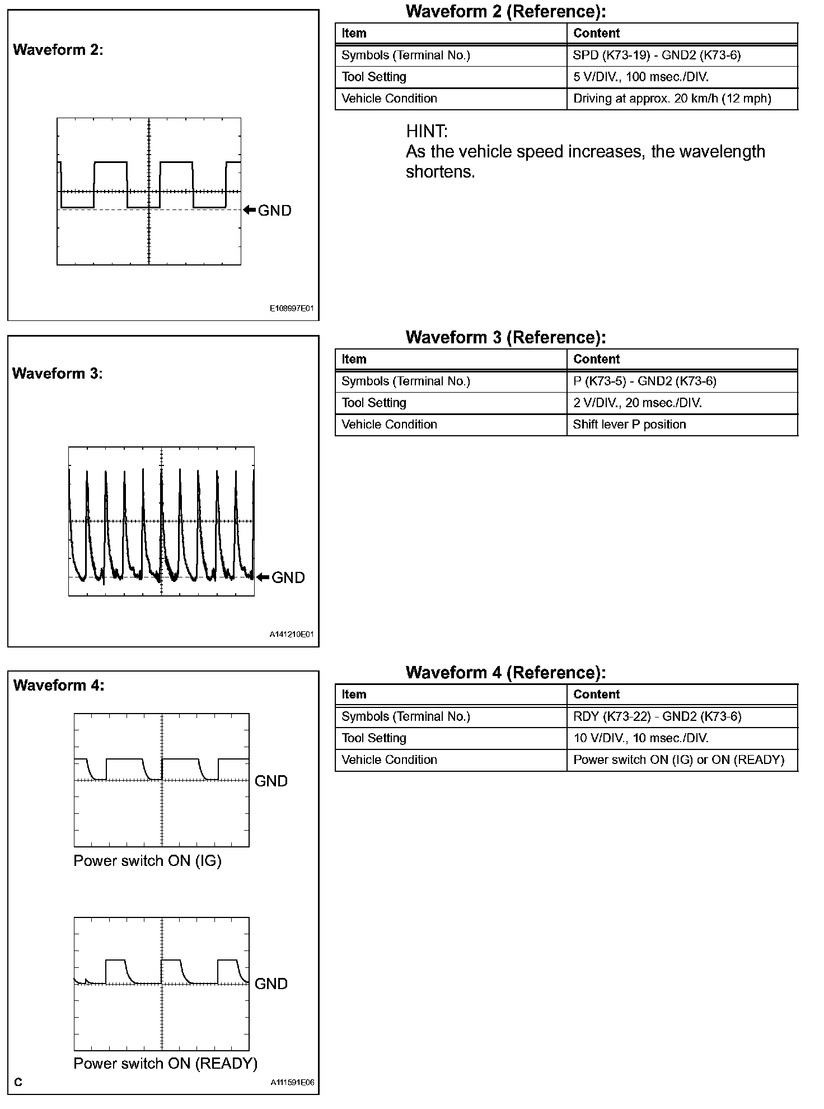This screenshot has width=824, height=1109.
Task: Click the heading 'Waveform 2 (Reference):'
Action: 505,11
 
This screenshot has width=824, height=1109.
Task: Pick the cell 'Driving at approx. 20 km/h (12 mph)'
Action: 672,99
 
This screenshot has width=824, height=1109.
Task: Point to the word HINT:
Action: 427,132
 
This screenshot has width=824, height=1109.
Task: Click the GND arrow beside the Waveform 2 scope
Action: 250,211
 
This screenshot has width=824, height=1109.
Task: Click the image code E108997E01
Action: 292,309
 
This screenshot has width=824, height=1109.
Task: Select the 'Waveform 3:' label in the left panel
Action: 58,374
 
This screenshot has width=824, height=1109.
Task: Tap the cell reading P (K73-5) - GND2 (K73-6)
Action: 644,381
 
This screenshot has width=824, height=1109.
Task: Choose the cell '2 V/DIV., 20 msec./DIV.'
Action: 638,403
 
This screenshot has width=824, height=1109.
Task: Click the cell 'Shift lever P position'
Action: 629,425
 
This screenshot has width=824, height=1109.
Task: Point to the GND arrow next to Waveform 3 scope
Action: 263,577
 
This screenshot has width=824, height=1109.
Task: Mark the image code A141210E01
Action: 292,635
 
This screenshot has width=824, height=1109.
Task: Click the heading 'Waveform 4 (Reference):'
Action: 505,673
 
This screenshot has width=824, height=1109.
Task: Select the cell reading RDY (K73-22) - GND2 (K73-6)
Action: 657,717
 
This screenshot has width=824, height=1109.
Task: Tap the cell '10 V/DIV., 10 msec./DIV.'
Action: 641,739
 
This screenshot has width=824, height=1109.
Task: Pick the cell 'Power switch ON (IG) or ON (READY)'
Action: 678,760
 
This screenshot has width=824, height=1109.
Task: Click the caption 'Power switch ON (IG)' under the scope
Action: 148,861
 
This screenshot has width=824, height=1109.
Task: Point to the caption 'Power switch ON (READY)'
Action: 166,1064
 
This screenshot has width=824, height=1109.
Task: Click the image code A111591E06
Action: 292,1083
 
